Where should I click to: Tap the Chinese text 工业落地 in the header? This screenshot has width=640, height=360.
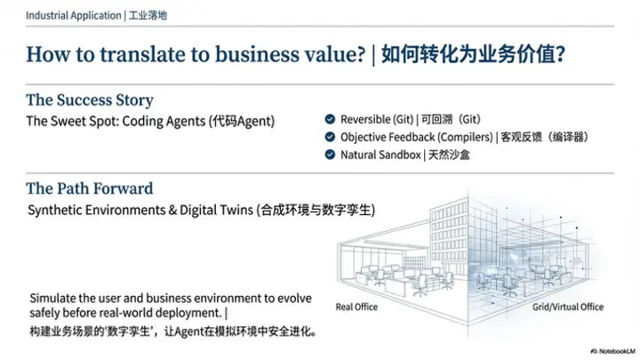pyautogui.click(x=150, y=15)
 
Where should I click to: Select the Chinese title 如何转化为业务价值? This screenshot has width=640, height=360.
pyautogui.click(x=473, y=55)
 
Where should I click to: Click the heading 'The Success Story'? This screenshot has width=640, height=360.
pyautogui.click(x=90, y=100)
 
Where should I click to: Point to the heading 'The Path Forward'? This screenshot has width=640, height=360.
pyautogui.click(x=90, y=188)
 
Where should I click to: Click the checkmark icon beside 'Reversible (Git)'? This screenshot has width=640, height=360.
pyautogui.click(x=330, y=119)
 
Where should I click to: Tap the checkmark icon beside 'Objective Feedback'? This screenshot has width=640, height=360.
pyautogui.click(x=330, y=137)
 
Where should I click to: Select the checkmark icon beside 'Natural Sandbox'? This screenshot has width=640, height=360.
pyautogui.click(x=330, y=155)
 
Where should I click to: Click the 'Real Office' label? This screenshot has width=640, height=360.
pyautogui.click(x=356, y=307)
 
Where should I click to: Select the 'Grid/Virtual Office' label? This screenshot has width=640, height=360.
pyautogui.click(x=567, y=307)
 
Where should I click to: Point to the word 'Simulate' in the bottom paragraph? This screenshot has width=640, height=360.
pyautogui.click(x=51, y=297)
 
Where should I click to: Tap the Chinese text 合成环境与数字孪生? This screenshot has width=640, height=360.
pyautogui.click(x=316, y=211)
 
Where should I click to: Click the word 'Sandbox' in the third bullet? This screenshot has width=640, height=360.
pyautogui.click(x=400, y=155)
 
